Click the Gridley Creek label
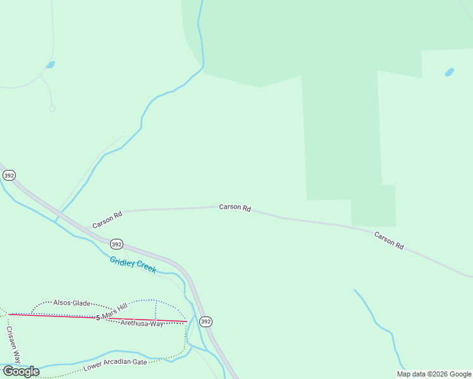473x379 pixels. [x=133, y=265]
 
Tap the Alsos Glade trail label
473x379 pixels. [x=71, y=303]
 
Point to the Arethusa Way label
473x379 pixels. [x=142, y=323]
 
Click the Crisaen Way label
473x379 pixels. [x=13, y=344]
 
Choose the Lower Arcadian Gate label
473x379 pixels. [x=116, y=363]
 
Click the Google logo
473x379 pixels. [x=21, y=371]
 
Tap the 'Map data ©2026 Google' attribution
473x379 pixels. [x=434, y=374]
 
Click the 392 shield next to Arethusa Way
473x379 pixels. [x=206, y=322]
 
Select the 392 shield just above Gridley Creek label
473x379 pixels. [x=116, y=244]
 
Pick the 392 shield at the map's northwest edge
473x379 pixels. [x=9, y=175]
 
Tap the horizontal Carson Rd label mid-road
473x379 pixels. [x=235, y=207]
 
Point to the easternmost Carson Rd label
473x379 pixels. [x=388, y=241]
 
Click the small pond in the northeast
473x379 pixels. [x=449, y=72]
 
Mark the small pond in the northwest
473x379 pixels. [x=50, y=64]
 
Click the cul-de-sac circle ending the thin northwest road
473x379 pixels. [x=52, y=109]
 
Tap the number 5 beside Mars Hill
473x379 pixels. [x=98, y=317]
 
